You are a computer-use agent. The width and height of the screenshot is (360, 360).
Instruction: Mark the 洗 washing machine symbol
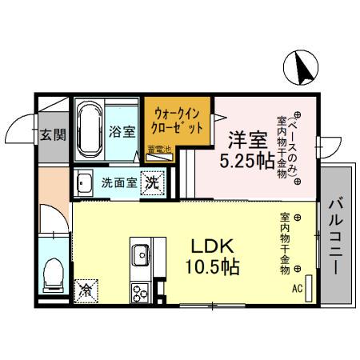click(150, 182)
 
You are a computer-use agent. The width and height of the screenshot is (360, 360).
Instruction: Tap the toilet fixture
click(54, 274)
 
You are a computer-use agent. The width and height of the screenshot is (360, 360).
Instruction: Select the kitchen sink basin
click(141, 254)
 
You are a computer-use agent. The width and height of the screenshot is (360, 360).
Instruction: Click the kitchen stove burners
click(141, 293)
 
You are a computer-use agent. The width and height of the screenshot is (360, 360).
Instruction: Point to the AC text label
click(298, 290)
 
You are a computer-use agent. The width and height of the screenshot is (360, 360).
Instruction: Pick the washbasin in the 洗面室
click(84, 184)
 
